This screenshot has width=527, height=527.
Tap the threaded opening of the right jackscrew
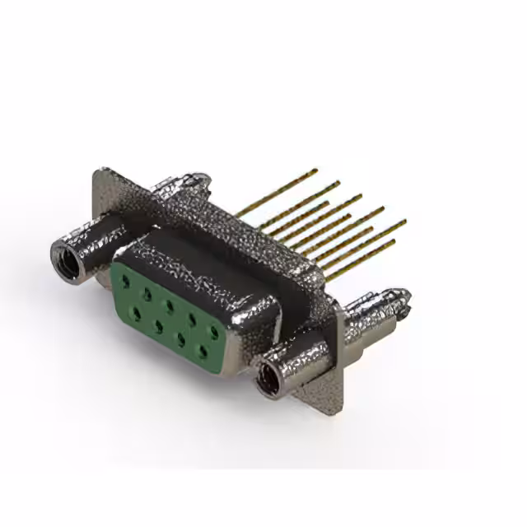tap(267, 380)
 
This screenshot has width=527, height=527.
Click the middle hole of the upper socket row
tap(169, 305)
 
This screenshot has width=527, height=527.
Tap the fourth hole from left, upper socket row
tap(192, 318)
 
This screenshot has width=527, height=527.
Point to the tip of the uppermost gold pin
tap(315, 170)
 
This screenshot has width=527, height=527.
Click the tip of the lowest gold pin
tap(394, 241)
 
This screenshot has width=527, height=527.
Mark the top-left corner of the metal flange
tap(99, 172)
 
